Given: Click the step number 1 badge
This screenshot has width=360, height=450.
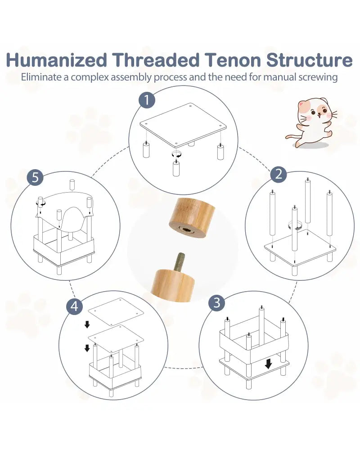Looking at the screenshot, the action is (x=147, y=100).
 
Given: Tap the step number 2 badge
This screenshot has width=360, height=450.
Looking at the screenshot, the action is (x=279, y=174).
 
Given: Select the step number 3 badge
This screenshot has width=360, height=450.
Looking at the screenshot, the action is (x=217, y=302).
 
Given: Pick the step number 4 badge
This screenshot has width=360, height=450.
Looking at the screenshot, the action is (x=74, y=306).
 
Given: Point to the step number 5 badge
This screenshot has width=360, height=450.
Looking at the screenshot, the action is (x=35, y=177).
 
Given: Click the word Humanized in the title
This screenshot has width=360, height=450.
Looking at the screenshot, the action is (x=57, y=60).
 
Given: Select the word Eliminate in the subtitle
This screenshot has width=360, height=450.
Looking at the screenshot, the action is (x=41, y=77).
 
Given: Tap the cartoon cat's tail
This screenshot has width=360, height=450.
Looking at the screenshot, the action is (x=292, y=137).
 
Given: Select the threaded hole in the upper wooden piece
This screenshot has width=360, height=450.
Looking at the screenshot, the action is (x=184, y=229).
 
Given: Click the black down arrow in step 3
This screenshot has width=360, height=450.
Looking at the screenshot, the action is (x=268, y=364).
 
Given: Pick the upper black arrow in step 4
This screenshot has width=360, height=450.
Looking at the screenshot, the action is (x=87, y=324).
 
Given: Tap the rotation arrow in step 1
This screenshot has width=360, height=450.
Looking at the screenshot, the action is (x=176, y=154).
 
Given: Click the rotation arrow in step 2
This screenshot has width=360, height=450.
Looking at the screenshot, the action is (x=294, y=225).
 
